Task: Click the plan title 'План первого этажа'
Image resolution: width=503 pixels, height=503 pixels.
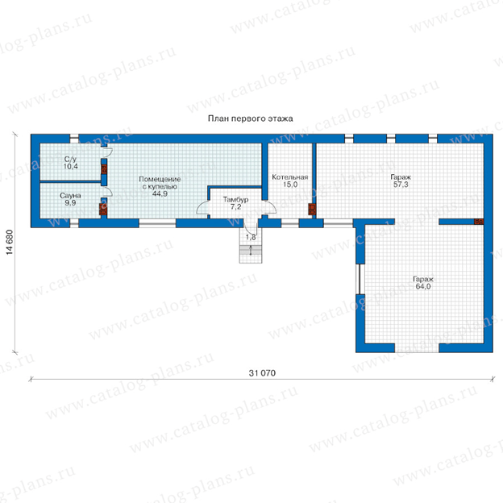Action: pos(250,118)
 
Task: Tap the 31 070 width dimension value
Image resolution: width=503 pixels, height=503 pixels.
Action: pos(262,373)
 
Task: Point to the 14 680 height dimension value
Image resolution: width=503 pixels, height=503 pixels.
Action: pos(10,242)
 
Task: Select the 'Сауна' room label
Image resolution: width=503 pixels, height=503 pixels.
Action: pos(70,195)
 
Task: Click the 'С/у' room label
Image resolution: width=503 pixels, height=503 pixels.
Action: pos(70,159)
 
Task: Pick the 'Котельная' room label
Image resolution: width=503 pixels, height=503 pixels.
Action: pos(290,177)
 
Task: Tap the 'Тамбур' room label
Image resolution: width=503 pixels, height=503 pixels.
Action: pos(235,200)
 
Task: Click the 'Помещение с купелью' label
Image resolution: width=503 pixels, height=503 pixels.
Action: pos(160,182)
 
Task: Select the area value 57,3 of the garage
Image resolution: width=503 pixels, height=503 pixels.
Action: pos(401,185)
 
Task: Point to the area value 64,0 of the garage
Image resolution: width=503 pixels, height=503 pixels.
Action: pos(423,286)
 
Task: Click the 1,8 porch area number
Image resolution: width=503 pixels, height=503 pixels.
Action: pos(251,237)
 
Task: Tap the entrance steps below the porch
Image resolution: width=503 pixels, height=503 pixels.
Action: pos(251,250)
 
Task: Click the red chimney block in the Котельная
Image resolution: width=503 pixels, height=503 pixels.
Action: pos(312,209)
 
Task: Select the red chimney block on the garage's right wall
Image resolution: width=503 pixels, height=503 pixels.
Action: pos(479,222)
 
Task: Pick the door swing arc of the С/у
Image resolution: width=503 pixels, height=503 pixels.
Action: pos(110,152)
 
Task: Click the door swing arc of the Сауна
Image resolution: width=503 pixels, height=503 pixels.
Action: pos(110,192)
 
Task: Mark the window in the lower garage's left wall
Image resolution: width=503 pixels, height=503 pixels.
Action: pos(360,279)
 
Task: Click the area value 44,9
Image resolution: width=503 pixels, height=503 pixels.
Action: pos(160,193)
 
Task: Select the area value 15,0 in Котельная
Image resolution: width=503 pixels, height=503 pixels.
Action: pos(290,185)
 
